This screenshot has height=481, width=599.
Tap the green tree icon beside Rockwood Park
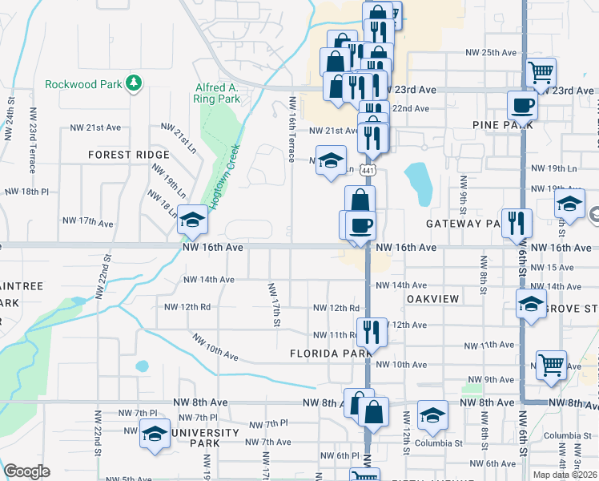(x=135, y=83)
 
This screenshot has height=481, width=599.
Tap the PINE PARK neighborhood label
(x=496, y=125)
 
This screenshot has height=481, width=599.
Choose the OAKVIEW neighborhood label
(x=432, y=299)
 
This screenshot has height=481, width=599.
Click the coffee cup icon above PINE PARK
(x=522, y=104)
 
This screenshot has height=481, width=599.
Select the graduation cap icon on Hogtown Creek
(x=192, y=219)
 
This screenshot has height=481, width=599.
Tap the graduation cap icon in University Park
(x=155, y=434)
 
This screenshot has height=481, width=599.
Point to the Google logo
(x=27, y=471)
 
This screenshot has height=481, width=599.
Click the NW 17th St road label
(x=274, y=304)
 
